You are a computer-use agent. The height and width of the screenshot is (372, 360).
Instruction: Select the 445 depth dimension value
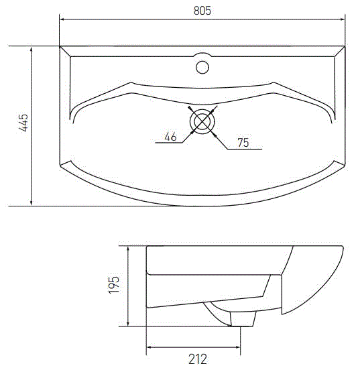pyautogui.click(x=23, y=125)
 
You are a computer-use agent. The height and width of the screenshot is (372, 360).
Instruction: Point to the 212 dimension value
pyautogui.click(x=196, y=359)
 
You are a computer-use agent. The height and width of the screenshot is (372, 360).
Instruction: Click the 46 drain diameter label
pyautogui.click(x=170, y=137)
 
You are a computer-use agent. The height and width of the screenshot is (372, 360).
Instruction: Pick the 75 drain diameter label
pyautogui.click(x=243, y=142)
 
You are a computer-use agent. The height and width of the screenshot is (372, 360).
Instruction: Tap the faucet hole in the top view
pyautogui.click(x=202, y=66)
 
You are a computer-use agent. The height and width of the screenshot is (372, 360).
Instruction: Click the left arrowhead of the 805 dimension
pyautogui.click(x=63, y=19)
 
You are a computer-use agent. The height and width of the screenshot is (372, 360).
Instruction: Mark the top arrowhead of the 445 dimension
pyautogui.click(x=32, y=50)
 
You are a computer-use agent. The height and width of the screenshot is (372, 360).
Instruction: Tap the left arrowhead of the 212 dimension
pyautogui.click(x=149, y=347)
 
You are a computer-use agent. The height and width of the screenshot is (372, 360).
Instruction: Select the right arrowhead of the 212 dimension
pyautogui.click(x=239, y=347)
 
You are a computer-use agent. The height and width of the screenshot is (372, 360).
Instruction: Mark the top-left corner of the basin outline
pyautogui.click(x=60, y=47)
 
